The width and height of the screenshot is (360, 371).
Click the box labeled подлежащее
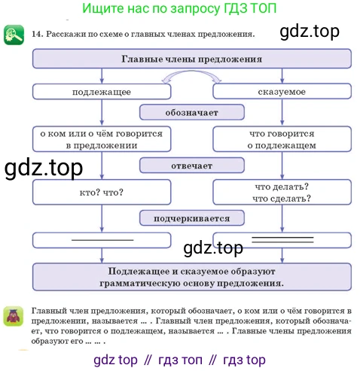pyautogui.click(x=102, y=92)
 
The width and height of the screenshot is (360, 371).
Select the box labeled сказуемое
pyautogui.click(x=282, y=91)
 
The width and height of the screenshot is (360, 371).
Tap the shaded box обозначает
pyautogui.click(x=192, y=112)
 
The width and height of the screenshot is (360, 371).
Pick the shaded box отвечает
pyautogui.click(x=192, y=166)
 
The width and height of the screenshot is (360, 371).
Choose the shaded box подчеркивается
pyautogui.click(x=192, y=218)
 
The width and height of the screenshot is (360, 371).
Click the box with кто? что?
pyautogui.click(x=102, y=192)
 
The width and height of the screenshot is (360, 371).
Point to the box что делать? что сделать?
pyautogui.click(x=282, y=192)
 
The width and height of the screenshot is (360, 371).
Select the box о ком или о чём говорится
pyautogui.click(x=102, y=139)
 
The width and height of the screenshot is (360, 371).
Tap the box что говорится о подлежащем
pyautogui.click(x=282, y=139)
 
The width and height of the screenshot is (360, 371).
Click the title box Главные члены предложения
pyautogui.click(x=192, y=59)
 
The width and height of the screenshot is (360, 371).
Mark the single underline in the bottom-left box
pyautogui.click(x=102, y=240)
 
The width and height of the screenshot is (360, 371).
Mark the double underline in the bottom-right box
pyautogui.click(x=282, y=239)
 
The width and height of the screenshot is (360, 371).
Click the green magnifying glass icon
pyautogui.click(x=14, y=35)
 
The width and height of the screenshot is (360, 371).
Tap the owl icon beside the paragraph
pyautogui.click(x=14, y=316)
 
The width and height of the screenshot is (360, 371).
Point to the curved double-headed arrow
pyautogui.click(x=191, y=71)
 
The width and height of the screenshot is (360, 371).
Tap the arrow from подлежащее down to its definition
pyautogui.click(x=102, y=112)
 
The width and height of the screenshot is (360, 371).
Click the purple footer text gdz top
pyautogui.click(x=115, y=360)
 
